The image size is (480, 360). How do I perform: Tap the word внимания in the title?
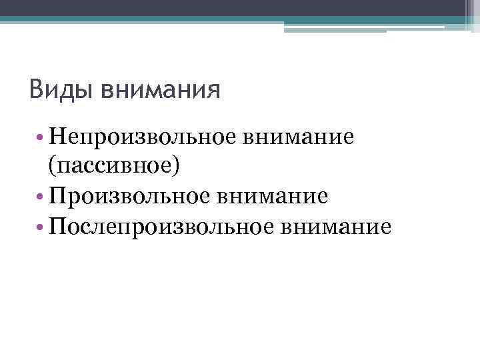(160, 89)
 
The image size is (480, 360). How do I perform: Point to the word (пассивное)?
(113, 167)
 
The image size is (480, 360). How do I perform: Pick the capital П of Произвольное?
(57, 196)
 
